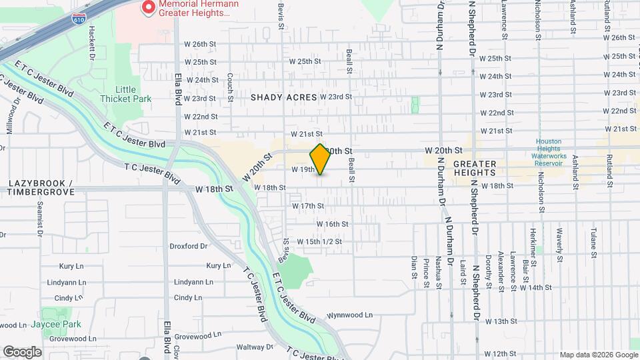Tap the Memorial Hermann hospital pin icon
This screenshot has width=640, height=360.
(148, 8)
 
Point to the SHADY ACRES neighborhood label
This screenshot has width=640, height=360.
(283, 97)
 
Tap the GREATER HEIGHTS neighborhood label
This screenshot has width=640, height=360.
(475, 168)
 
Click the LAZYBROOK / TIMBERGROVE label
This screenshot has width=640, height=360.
(40, 187)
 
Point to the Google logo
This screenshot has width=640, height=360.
(22, 351)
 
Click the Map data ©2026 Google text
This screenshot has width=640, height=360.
(598, 355)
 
